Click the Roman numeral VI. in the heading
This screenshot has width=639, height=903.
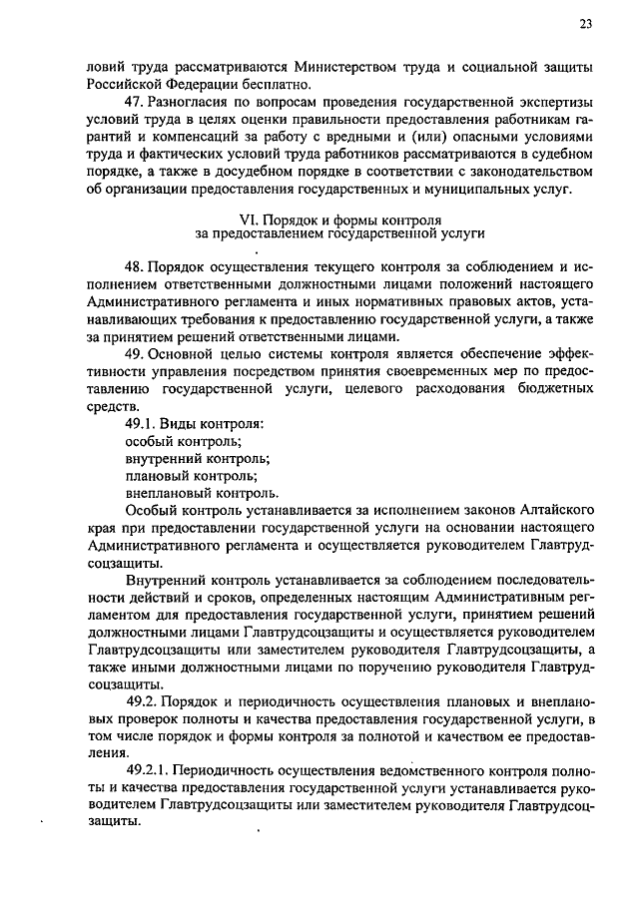pos(255,219)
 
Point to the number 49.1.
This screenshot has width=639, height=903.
pos(142,422)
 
